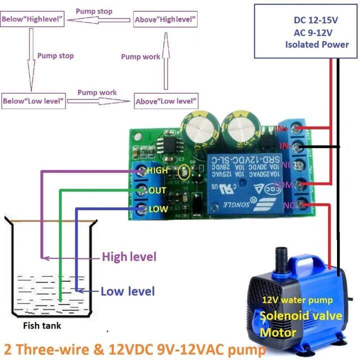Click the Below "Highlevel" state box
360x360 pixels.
(x=32, y=20)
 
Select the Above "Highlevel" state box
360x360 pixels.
(x=165, y=20)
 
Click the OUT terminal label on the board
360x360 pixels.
(x=157, y=190)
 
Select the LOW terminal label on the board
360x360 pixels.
(x=156, y=209)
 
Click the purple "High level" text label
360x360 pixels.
(x=129, y=257)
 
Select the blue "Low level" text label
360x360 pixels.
(x=127, y=291)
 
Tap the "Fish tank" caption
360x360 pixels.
(x=42, y=326)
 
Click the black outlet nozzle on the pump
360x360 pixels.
(x=280, y=259)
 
